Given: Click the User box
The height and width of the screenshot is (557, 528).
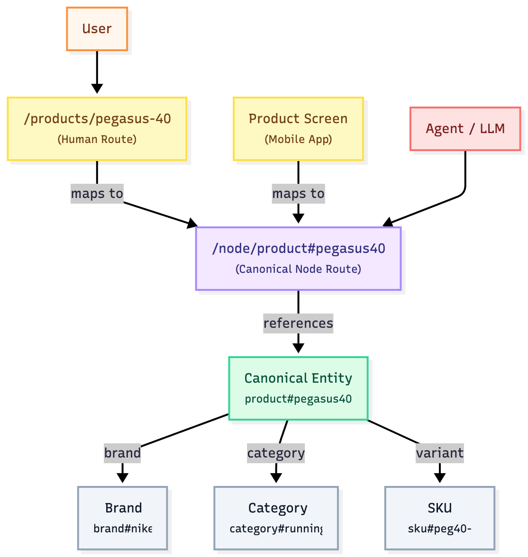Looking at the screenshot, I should (97, 29).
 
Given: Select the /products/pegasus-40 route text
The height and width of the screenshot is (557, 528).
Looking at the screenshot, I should (97, 118).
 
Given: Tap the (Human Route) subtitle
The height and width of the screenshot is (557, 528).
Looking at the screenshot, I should (97, 139).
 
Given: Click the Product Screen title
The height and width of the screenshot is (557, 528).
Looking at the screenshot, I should (298, 118).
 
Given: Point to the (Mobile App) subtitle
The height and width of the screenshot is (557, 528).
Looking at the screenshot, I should (298, 139).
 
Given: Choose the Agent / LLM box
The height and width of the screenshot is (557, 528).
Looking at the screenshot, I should (465, 129).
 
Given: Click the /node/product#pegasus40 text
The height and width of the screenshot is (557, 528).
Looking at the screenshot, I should (298, 248).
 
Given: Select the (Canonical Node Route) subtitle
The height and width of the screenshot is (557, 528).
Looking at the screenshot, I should (298, 269).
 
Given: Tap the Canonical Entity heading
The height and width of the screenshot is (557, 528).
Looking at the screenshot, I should (298, 378).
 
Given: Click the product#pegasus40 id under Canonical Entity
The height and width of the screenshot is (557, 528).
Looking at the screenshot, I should (298, 399).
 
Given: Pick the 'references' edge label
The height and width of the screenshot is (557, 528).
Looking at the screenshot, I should (298, 323).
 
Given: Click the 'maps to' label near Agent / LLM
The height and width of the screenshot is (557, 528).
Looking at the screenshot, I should (298, 194).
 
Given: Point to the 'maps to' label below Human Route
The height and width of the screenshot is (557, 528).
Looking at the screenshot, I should (97, 194).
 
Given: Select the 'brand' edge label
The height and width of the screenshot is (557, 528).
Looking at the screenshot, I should (122, 453).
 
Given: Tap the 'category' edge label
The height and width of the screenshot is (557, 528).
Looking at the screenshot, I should (276, 453).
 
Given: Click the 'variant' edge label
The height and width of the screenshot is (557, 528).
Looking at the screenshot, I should (439, 453).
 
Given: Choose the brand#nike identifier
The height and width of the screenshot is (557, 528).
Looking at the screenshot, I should (123, 529).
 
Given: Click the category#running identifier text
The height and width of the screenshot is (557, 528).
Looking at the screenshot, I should (276, 529).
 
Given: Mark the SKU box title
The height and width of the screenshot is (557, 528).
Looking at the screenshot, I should (439, 508).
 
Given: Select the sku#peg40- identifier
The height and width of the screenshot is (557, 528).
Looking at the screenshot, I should (439, 529).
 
